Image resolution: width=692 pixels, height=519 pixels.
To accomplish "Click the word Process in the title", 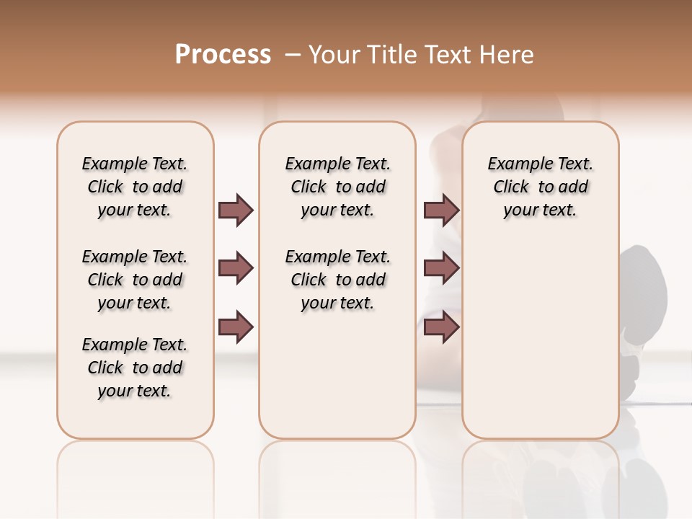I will pyautogui.click(x=223, y=55).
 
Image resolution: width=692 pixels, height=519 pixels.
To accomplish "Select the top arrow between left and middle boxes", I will pyautogui.click(x=236, y=210).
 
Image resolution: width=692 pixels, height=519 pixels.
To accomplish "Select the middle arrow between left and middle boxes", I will pyautogui.click(x=236, y=268).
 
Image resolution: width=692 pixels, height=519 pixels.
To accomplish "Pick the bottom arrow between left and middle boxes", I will pyautogui.click(x=236, y=327).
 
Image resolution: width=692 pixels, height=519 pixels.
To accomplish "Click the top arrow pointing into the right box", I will pyautogui.click(x=441, y=210).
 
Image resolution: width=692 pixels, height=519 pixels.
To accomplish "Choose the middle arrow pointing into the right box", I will pyautogui.click(x=441, y=268).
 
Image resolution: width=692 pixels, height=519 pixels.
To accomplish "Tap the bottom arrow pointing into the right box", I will pyautogui.click(x=441, y=327).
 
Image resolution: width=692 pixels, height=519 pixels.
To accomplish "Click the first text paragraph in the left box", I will pyautogui.click(x=135, y=187).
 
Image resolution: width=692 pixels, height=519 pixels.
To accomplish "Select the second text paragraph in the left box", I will pyautogui.click(x=135, y=280).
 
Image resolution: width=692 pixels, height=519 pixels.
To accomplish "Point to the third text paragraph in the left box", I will pyautogui.click(x=135, y=368).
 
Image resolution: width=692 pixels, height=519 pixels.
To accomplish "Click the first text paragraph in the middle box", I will pyautogui.click(x=337, y=187).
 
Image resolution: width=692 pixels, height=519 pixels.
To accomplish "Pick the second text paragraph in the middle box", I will pyautogui.click(x=337, y=280).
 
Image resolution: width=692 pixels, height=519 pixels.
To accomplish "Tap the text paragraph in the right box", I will pyautogui.click(x=540, y=187).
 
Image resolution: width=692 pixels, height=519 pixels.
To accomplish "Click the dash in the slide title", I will pyautogui.click(x=293, y=55).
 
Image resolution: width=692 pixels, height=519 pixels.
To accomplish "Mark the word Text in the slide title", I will pyautogui.click(x=446, y=55).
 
